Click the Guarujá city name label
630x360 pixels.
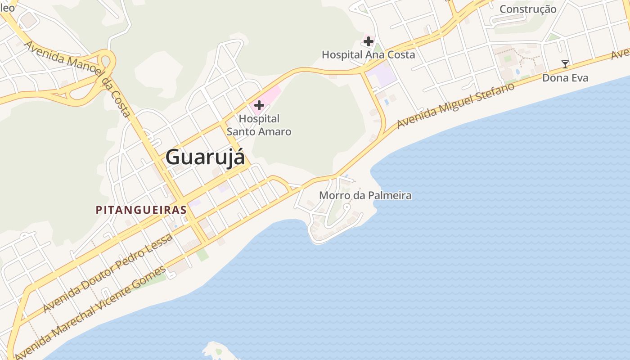pyautogui.click(x=205, y=157)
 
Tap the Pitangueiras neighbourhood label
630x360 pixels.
pyautogui.click(x=141, y=210)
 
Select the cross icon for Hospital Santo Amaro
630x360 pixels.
pyautogui.click(x=259, y=105)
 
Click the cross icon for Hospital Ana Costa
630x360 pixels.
pyautogui.click(x=368, y=42)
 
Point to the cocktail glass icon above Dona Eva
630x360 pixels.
pyautogui.click(x=565, y=64)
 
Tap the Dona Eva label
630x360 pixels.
pyautogui.click(x=565, y=78)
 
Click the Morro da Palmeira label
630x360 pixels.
pyautogui.click(x=365, y=195)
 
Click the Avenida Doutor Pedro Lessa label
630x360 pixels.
pyautogui.click(x=108, y=273)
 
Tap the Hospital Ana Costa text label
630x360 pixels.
pyautogui.click(x=368, y=55)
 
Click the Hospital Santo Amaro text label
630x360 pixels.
pyautogui.click(x=259, y=125)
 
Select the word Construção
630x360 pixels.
pyautogui.click(x=528, y=9)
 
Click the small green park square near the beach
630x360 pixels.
pyautogui.click(x=202, y=255)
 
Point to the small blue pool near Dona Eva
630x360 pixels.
pyautogui.click(x=517, y=72)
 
